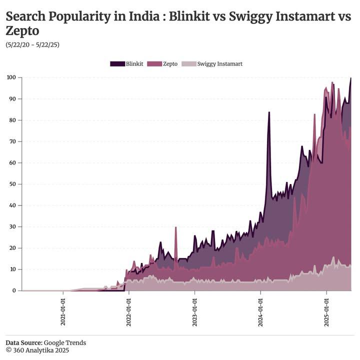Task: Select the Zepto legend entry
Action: coord(165,64)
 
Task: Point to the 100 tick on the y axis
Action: coord(11,77)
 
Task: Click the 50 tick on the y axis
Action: coord(12,184)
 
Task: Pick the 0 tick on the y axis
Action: coord(14,290)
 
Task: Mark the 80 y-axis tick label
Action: coord(12,120)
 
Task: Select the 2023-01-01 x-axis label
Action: coord(195,312)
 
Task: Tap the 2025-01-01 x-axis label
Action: coord(326,312)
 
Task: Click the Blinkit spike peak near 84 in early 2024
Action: coord(269,112)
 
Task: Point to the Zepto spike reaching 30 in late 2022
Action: coord(175,227)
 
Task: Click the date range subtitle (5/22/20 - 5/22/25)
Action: coord(32,44)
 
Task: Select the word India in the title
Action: coord(146,16)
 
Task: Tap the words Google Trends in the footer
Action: coord(65,342)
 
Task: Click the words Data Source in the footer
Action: coord(24,342)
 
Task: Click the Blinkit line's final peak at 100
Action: coord(350,78)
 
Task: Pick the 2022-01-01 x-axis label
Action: coord(129,312)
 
